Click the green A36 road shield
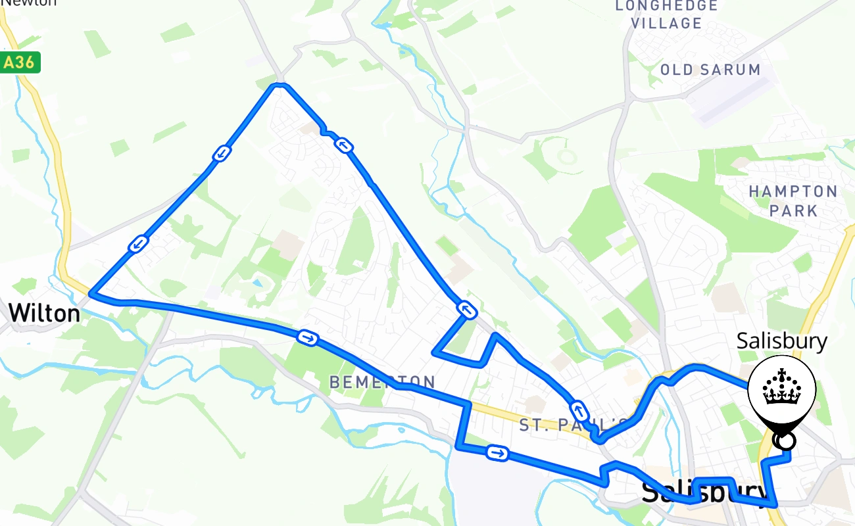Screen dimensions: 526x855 click(x=21, y=62)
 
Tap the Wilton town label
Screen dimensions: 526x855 click(x=45, y=313)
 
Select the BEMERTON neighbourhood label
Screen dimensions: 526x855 click(x=382, y=382)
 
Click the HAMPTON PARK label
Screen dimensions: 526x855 click(x=793, y=201)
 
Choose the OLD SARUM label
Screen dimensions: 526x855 click(x=710, y=70)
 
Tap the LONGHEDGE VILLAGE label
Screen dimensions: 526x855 click(x=666, y=14)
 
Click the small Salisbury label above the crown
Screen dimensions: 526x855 click(x=781, y=341)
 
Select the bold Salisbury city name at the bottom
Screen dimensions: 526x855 click(x=704, y=492)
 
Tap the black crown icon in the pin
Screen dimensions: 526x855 click(x=782, y=387)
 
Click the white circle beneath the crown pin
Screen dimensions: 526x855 click(x=785, y=441)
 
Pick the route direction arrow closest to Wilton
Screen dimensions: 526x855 click(x=138, y=244)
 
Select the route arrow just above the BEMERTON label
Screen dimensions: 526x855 click(x=308, y=338)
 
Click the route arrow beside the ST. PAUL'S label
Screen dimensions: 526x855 click(x=579, y=411)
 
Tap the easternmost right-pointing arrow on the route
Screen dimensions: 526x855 click(x=497, y=452)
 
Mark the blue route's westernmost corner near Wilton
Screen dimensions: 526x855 click(x=91, y=295)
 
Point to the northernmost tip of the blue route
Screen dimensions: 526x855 click(x=280, y=84)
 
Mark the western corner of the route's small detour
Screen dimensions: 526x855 click(x=435, y=352)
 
